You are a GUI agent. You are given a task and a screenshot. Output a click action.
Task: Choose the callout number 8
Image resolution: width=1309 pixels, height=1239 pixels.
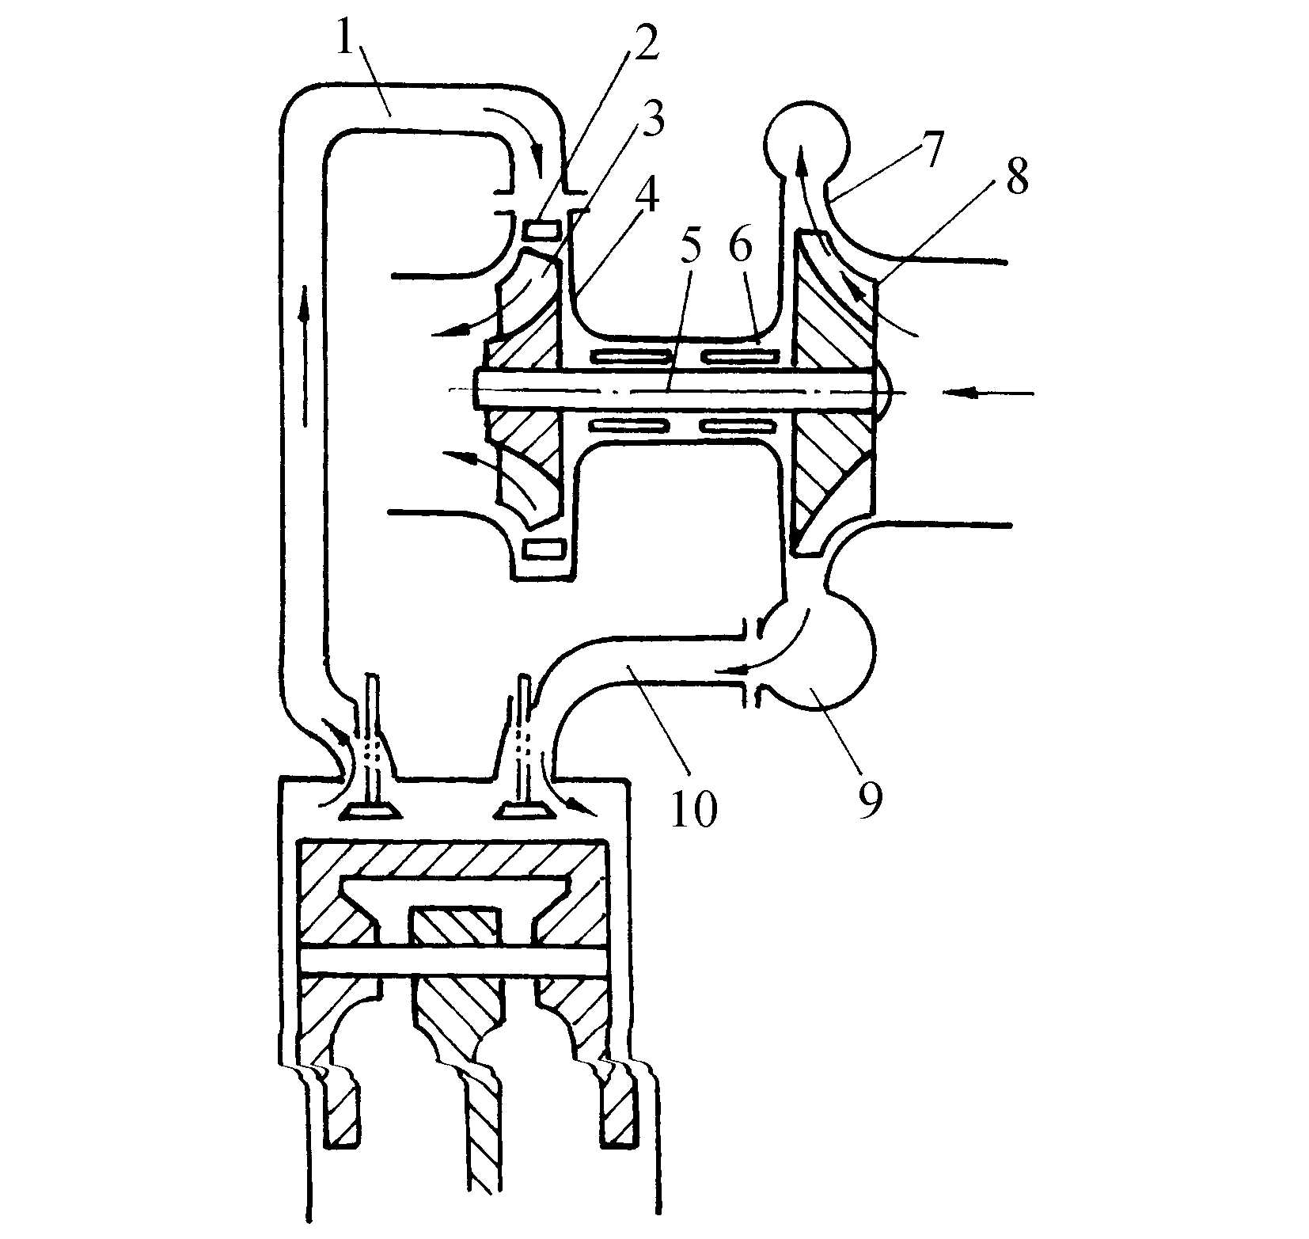(x=1016, y=177)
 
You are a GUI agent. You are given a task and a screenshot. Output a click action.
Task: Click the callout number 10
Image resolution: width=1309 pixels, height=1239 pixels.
(x=693, y=808)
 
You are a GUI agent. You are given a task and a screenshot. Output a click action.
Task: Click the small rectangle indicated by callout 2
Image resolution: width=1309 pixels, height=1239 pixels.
(x=543, y=231)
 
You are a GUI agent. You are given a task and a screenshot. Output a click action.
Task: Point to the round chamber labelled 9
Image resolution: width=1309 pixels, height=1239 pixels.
(x=831, y=649)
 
